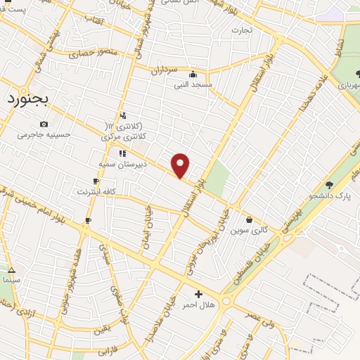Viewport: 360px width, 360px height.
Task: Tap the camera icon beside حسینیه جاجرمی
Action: [x=45, y=124]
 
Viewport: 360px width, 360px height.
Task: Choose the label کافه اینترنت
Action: [x=94, y=191]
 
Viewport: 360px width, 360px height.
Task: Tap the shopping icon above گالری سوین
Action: [x=249, y=220]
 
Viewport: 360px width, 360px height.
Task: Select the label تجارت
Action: [x=241, y=30]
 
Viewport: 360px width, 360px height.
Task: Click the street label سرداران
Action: [x=165, y=70]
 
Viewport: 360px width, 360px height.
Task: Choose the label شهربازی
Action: [x=348, y=84]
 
